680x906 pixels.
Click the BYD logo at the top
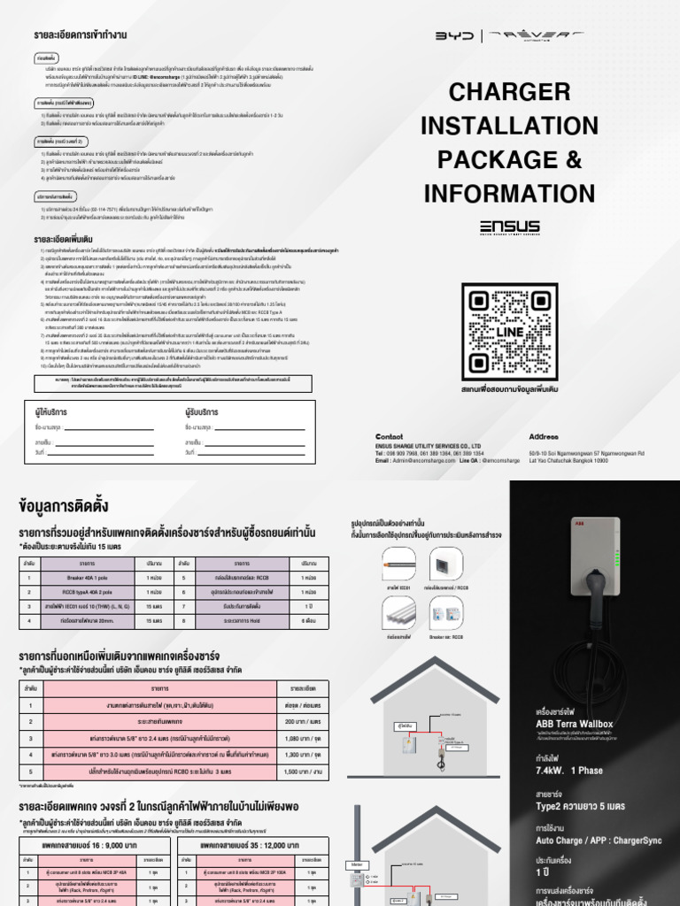pyautogui.click(x=456, y=36)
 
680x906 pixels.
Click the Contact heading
pyautogui.click(x=389, y=437)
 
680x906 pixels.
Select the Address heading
pyautogui.click(x=544, y=437)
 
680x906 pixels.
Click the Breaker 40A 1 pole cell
pyautogui.click(x=87, y=578)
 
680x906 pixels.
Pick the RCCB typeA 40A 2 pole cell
pyautogui.click(x=87, y=592)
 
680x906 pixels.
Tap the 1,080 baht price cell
pyautogui.click(x=291, y=737)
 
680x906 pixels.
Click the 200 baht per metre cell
pyautogui.click(x=291, y=721)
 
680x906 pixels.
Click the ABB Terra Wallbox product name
pyautogui.click(x=575, y=724)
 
